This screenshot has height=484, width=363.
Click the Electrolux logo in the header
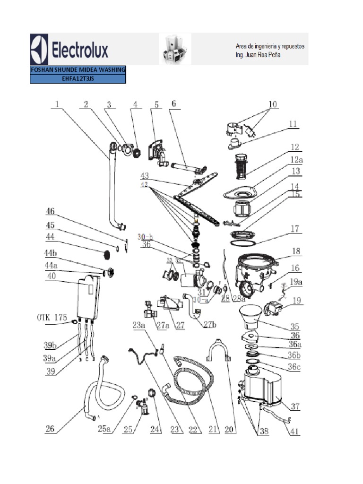(x=69, y=49)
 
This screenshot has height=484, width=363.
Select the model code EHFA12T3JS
(x=78, y=79)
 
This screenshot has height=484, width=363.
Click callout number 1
(x=57, y=105)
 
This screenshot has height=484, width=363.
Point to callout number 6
(x=173, y=104)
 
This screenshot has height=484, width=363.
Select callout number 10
(x=273, y=104)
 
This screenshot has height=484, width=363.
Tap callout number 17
(x=295, y=229)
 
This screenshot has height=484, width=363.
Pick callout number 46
(x=51, y=211)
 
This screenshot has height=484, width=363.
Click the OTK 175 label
(x=52, y=317)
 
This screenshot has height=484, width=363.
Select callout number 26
(x=50, y=429)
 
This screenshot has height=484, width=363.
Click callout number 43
(x=144, y=176)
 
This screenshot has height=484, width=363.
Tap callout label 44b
(x=52, y=255)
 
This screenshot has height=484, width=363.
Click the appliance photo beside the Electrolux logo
(x=175, y=49)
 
